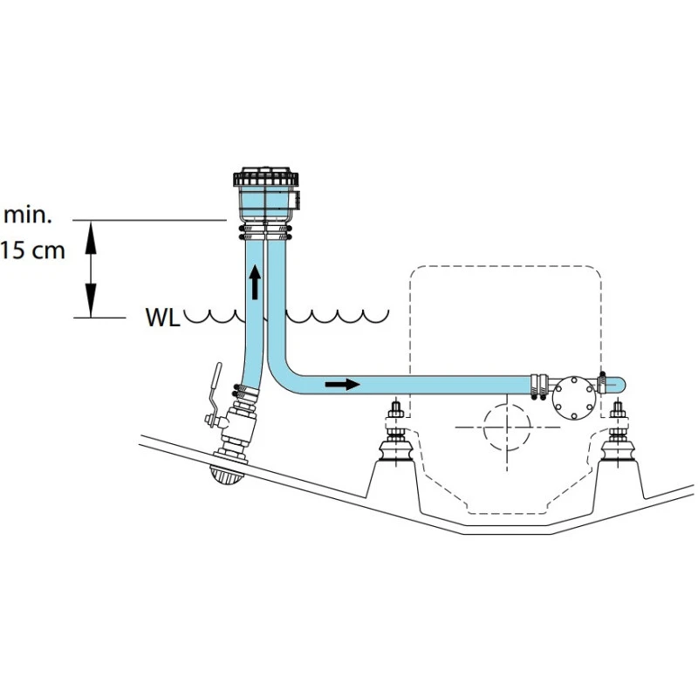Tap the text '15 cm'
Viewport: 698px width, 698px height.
coord(32,250)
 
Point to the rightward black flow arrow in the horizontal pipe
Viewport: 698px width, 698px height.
coord(341,383)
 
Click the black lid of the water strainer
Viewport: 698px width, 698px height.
coord(267,177)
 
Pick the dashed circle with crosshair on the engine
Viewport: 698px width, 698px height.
coord(504,427)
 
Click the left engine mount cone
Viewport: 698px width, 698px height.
coord(395,453)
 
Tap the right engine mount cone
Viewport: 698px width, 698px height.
coord(619,453)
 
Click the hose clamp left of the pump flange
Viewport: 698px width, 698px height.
coord(539,385)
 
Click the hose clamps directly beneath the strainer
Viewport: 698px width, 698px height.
coord(267,231)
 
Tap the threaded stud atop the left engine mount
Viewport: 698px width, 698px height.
coord(395,412)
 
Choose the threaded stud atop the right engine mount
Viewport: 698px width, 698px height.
coord(619,412)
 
